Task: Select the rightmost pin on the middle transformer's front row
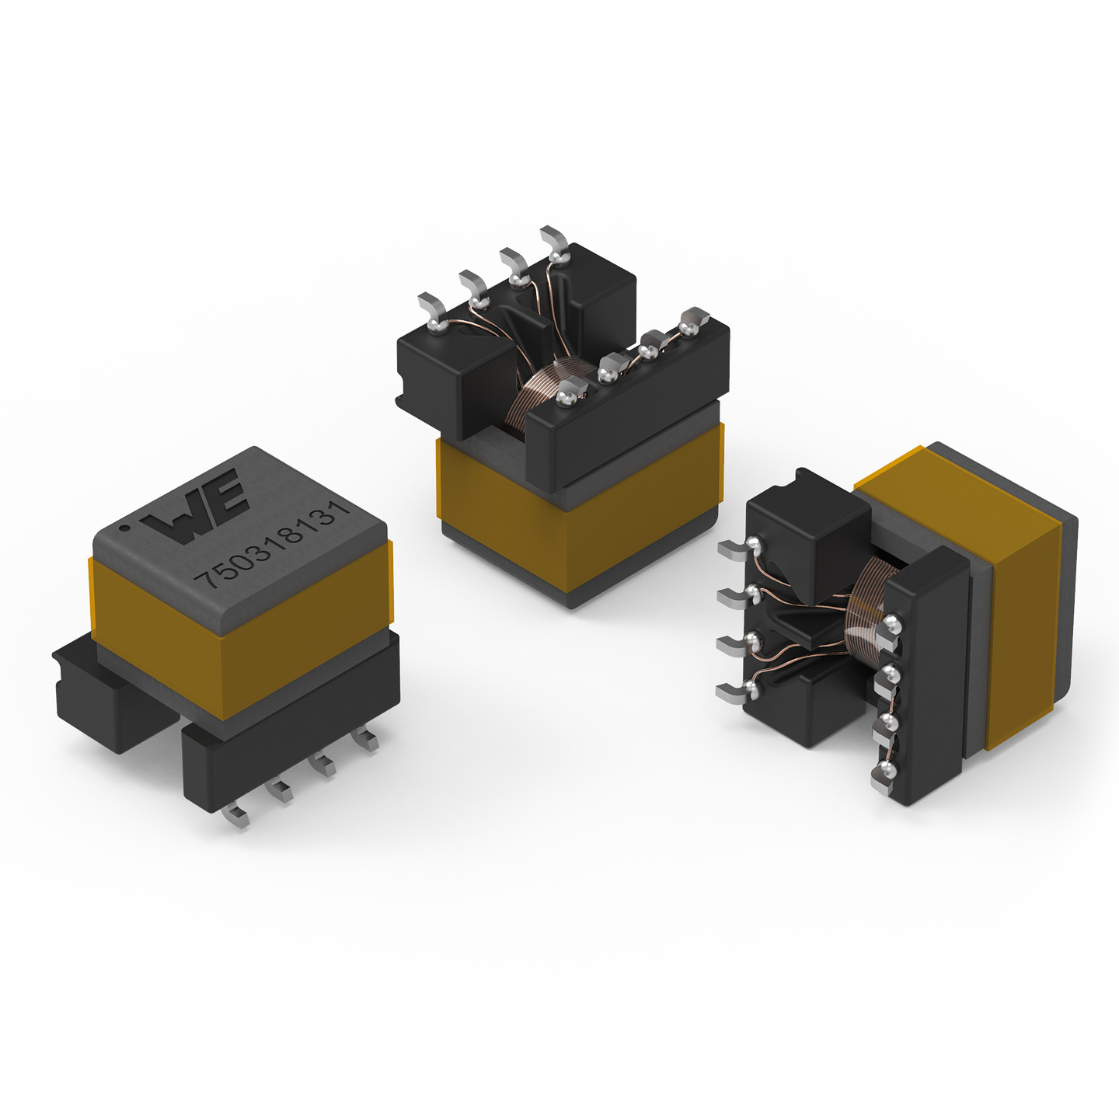693,319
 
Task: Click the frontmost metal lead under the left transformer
236,815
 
